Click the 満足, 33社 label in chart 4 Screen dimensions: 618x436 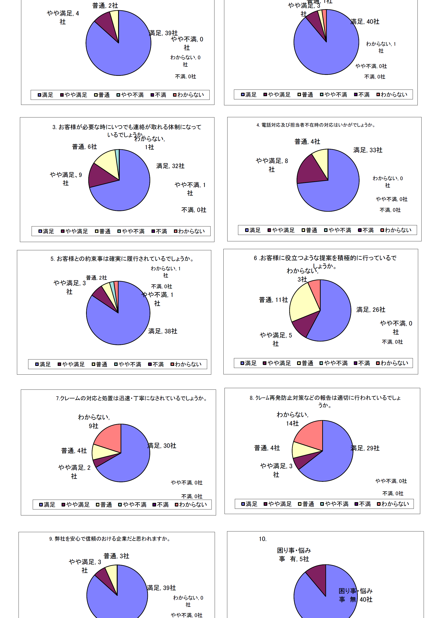click(x=368, y=150)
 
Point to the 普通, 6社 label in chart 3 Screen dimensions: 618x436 click(x=84, y=147)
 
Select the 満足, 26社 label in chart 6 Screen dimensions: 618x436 click(x=371, y=310)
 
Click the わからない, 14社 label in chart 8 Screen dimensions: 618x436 click(x=292, y=419)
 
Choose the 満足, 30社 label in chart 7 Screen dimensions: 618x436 click(x=162, y=446)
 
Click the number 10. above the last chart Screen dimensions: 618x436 click(x=263, y=539)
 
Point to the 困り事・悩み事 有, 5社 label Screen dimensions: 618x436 click(x=294, y=555)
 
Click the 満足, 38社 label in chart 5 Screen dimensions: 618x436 click(x=163, y=331)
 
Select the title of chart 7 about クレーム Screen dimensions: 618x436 click(x=132, y=398)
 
